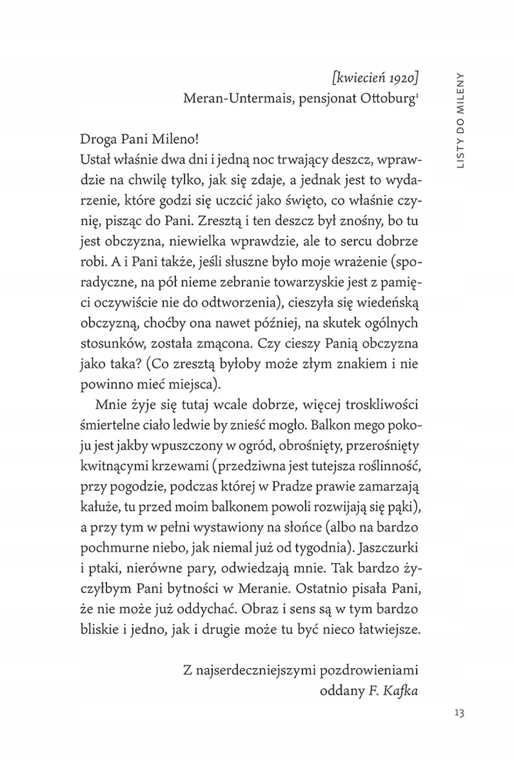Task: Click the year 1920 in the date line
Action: click(x=401, y=76)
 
